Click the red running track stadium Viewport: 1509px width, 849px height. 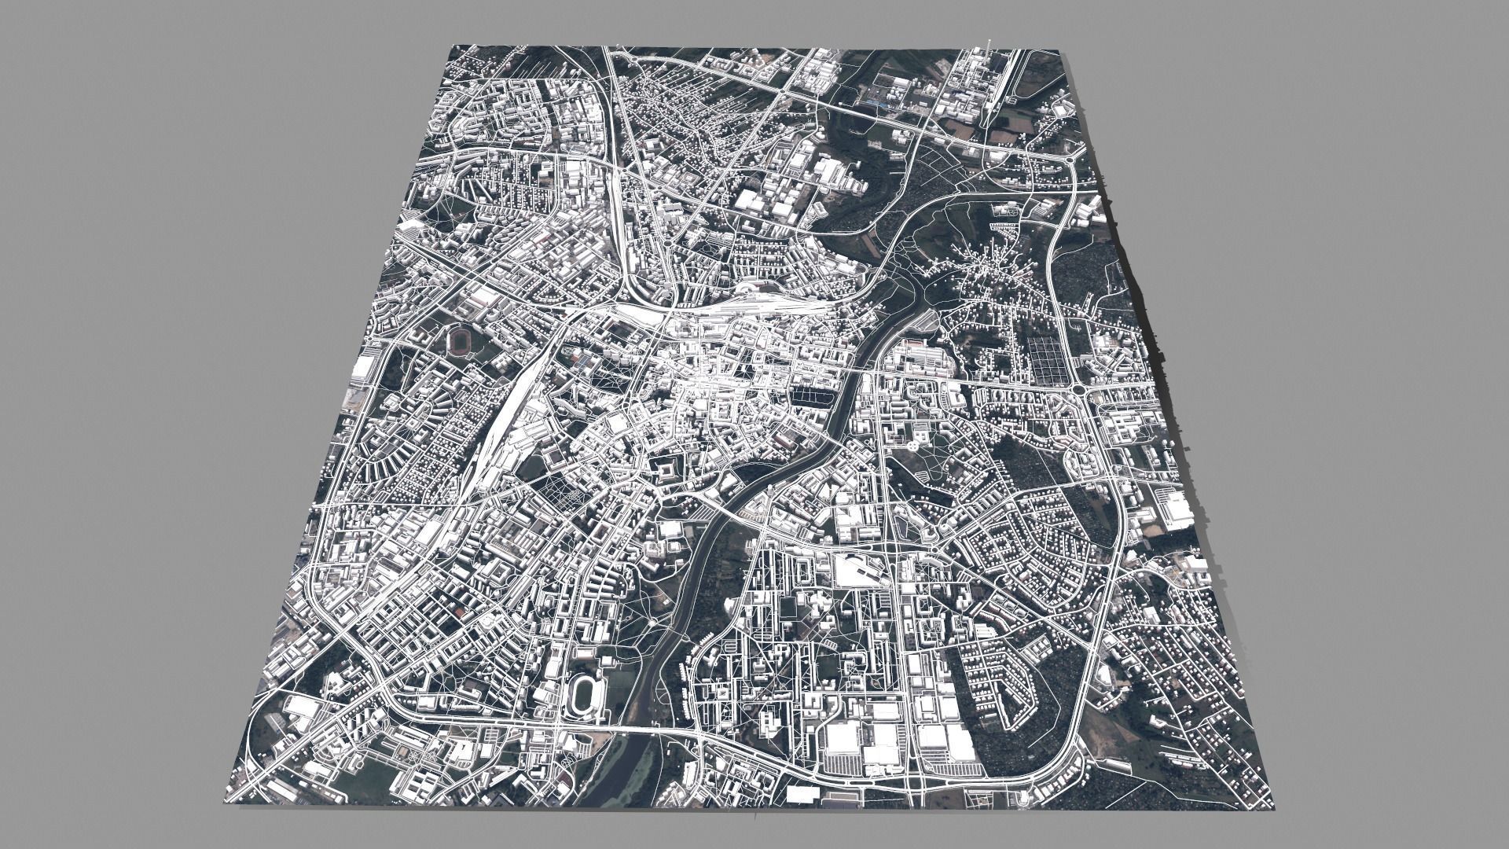point(458,341)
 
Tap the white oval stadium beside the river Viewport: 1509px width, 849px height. point(586,692)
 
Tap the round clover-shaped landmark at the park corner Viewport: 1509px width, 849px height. point(912,446)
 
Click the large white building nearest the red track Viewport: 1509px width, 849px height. point(366,369)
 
